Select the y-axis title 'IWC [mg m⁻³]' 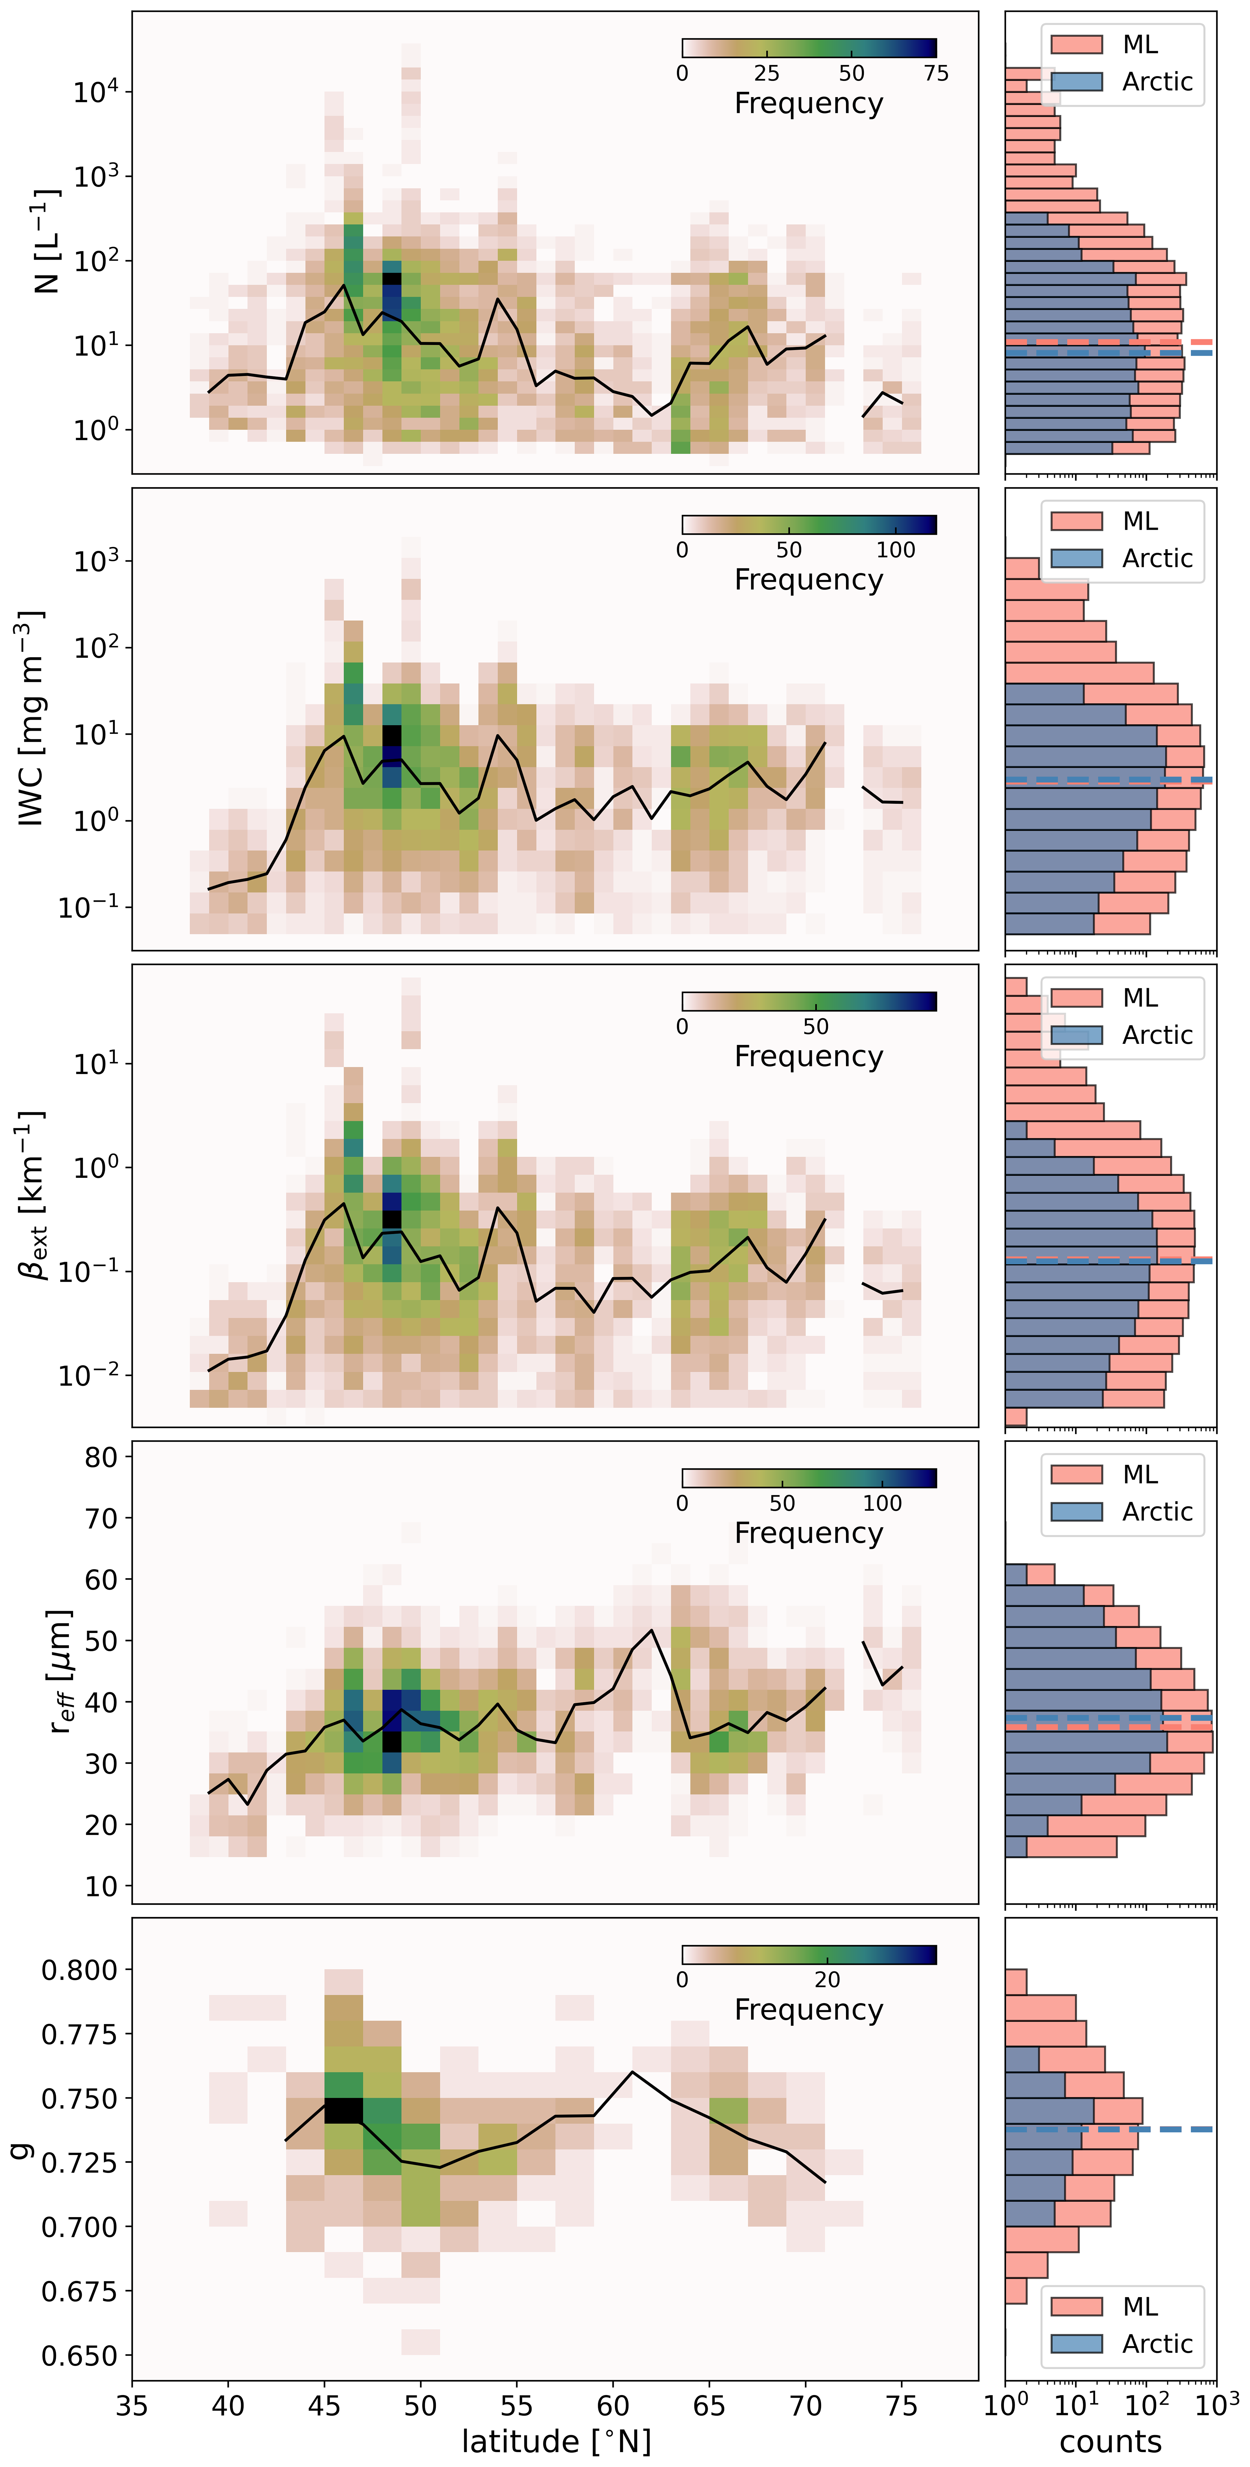pyautogui.click(x=32, y=718)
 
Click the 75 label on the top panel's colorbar pyautogui.click(x=936, y=74)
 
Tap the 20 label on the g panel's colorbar pyautogui.click(x=828, y=1979)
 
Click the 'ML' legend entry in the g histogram pyautogui.click(x=1140, y=2306)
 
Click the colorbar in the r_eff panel pyautogui.click(x=809, y=1478)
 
